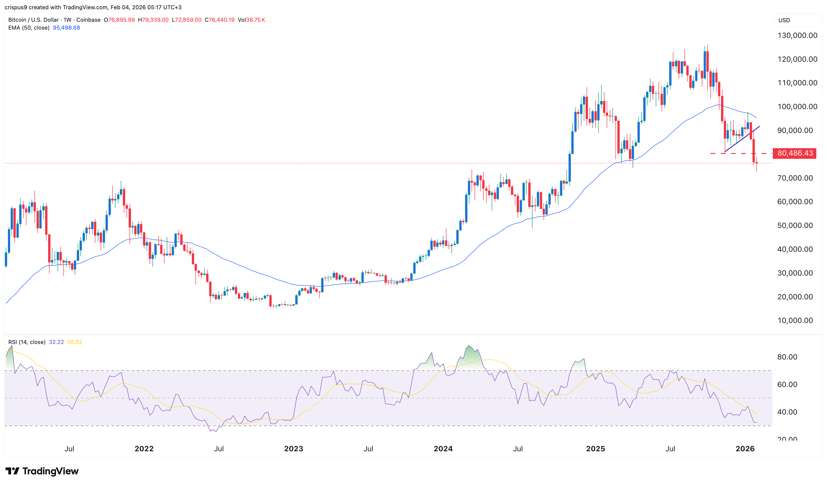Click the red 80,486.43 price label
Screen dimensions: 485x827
(x=795, y=153)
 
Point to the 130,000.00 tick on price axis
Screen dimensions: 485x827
(x=797, y=35)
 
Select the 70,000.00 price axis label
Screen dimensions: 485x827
(x=795, y=178)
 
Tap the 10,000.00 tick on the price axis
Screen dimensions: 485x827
(x=795, y=320)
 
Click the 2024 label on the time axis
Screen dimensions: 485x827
(x=443, y=449)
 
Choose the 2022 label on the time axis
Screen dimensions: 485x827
(x=144, y=449)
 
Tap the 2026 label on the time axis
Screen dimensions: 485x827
(x=745, y=449)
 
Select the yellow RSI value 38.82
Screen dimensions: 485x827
(x=75, y=342)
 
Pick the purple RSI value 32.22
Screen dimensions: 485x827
(x=56, y=342)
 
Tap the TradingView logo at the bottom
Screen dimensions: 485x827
(x=42, y=471)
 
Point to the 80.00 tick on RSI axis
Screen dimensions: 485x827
(x=787, y=357)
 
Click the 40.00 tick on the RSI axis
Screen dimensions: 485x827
(x=787, y=412)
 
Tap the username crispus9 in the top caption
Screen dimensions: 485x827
(x=16, y=7)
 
